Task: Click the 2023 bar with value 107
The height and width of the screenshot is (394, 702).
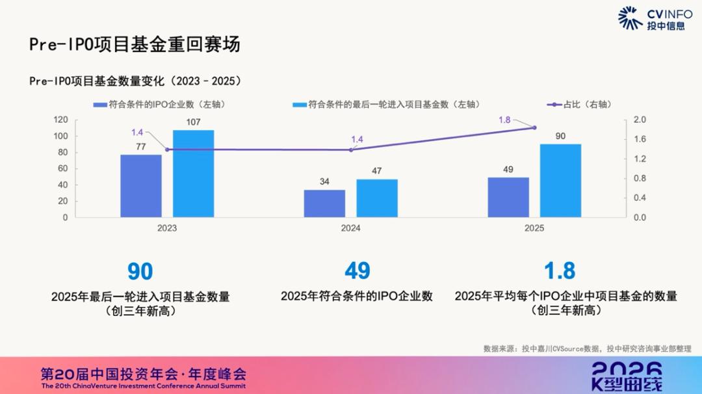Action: (x=193, y=174)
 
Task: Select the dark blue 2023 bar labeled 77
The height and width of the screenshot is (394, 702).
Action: (x=141, y=186)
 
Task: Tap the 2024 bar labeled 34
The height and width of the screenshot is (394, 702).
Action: (x=324, y=204)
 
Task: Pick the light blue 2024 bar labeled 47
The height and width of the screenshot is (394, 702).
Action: (x=376, y=198)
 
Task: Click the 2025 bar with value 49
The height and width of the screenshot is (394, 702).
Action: (x=508, y=197)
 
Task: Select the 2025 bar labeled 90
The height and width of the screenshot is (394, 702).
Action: (x=560, y=181)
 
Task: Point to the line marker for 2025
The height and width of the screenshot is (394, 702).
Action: (x=534, y=127)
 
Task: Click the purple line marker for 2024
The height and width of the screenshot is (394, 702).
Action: (x=351, y=150)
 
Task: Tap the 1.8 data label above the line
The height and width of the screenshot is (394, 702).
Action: (x=504, y=120)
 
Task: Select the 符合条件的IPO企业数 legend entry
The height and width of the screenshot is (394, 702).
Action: (x=159, y=104)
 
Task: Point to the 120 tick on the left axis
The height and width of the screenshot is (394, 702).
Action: (x=60, y=120)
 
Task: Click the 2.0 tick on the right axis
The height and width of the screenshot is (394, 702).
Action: (x=639, y=120)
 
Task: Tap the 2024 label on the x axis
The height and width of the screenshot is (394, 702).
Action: (x=350, y=228)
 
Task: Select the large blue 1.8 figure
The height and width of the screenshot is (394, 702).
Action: (x=560, y=270)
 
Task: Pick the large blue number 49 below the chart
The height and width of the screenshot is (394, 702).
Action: (x=357, y=270)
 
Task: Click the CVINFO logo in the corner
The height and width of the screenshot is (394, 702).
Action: (x=655, y=18)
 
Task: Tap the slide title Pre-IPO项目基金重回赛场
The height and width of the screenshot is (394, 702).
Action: (x=135, y=44)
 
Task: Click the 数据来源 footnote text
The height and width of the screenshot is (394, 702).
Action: (x=587, y=348)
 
